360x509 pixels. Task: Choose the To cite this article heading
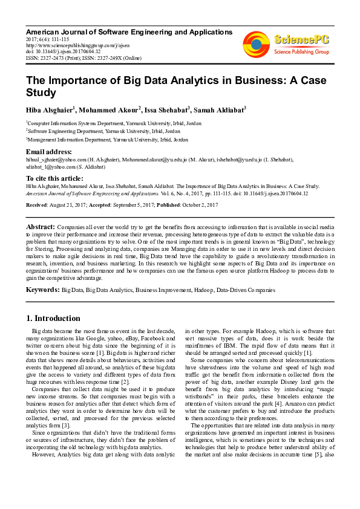(54, 178)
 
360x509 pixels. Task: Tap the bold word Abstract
(39, 224)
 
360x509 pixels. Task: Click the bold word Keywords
(42, 290)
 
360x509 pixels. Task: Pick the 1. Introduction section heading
(53, 318)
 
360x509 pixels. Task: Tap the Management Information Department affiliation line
(107, 139)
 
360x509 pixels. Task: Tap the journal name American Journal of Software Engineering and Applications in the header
(129, 32)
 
